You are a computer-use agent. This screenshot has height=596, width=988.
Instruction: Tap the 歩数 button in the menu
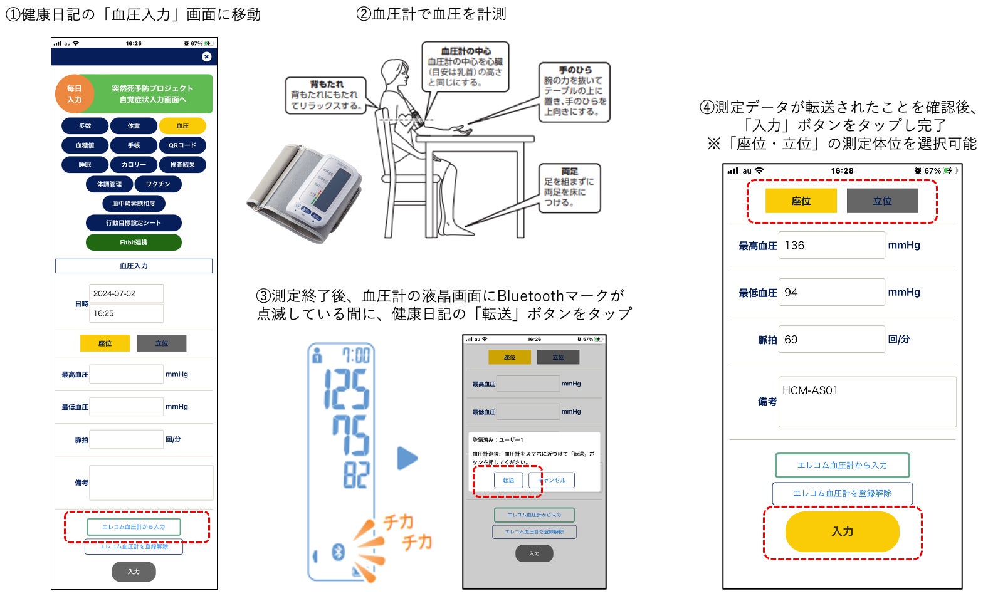[85, 126]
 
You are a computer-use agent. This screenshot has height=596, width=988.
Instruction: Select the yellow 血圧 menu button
[182, 126]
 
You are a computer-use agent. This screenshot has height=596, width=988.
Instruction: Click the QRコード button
[182, 145]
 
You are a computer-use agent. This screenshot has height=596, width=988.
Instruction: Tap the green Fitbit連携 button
[134, 243]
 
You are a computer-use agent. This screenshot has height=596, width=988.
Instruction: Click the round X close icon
[206, 56]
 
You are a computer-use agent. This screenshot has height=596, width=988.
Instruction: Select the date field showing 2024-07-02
[126, 293]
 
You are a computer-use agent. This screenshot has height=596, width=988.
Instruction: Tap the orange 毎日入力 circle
[75, 94]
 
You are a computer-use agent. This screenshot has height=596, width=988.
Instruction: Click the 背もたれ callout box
[326, 95]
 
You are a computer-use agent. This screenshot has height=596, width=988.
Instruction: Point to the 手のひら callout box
[574, 91]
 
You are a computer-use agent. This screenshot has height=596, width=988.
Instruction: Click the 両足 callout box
[569, 187]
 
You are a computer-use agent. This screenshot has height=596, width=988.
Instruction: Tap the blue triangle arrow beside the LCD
[407, 458]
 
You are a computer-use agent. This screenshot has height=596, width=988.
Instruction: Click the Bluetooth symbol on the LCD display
[339, 552]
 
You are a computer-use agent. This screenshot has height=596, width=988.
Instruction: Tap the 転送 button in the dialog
[508, 480]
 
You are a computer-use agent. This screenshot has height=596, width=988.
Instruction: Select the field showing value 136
[831, 245]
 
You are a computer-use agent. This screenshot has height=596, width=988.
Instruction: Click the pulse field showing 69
[831, 339]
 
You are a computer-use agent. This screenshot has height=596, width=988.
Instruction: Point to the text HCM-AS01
[810, 390]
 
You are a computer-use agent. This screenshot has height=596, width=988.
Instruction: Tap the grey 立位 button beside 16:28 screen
[882, 201]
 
